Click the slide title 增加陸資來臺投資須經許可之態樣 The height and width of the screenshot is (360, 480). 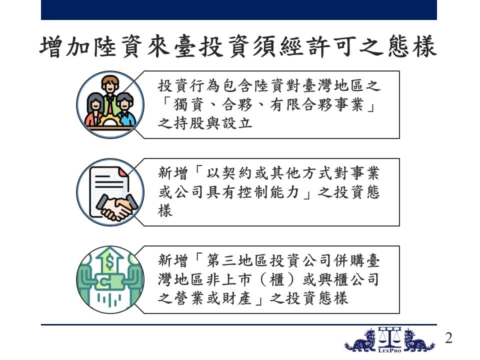click(238, 46)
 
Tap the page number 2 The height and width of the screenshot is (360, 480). click(449, 338)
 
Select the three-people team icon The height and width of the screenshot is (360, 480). click(110, 104)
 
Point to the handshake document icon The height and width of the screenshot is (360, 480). click(110, 192)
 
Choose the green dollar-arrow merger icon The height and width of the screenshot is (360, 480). click(110, 280)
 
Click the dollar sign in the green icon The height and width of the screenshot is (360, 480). click(109, 262)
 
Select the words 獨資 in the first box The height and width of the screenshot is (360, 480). click(188, 104)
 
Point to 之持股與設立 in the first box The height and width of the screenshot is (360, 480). click(205, 123)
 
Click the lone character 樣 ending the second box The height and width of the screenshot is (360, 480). click(165, 211)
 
